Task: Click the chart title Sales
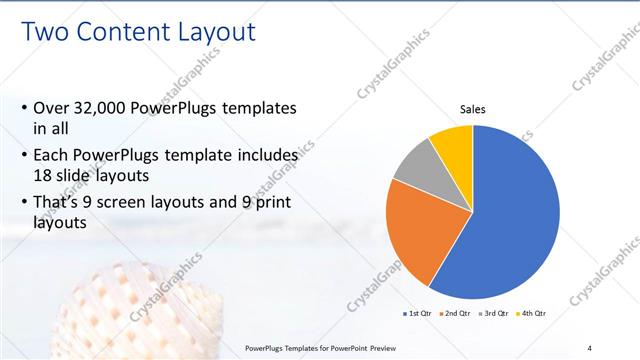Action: (x=473, y=109)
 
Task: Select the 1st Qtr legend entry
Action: (x=417, y=314)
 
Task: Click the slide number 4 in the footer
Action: (x=589, y=347)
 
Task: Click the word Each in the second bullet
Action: (x=53, y=156)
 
